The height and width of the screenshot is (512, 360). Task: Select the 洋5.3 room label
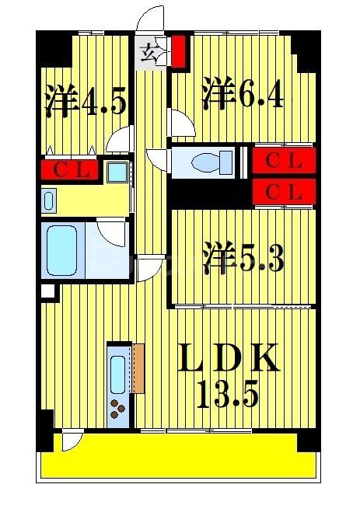pos(243,259)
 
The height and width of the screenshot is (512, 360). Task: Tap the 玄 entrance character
pos(149,54)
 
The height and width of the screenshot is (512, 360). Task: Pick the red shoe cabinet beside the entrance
pos(178,51)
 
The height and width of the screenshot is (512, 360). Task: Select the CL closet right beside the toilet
pos(284,161)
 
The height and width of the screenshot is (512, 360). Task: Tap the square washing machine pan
pos(119,171)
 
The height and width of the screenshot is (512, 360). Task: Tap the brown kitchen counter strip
pos(139,367)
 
